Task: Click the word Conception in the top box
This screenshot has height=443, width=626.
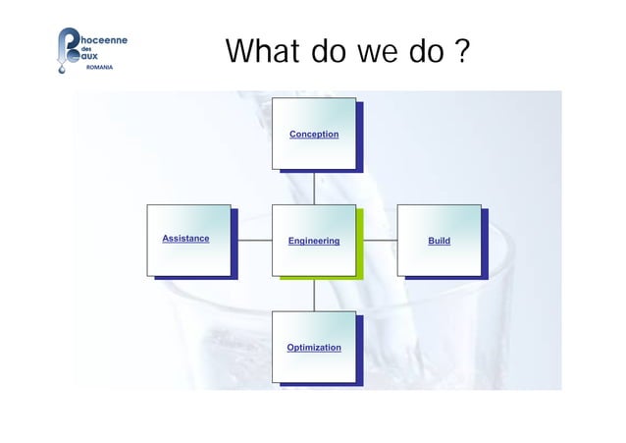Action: click(x=314, y=134)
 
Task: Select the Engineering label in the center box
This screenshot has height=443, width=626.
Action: click(x=314, y=241)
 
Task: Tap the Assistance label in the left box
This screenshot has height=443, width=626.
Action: click(x=185, y=239)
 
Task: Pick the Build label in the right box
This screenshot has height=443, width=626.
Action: click(x=439, y=241)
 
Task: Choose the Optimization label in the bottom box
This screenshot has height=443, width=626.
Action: click(x=314, y=348)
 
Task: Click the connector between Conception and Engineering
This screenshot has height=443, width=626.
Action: click(x=314, y=189)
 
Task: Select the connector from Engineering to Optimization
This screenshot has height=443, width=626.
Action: click(x=314, y=296)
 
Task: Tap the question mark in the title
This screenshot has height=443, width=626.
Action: click(x=460, y=51)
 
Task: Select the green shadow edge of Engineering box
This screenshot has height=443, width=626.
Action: click(x=360, y=245)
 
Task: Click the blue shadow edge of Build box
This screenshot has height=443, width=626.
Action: click(x=485, y=245)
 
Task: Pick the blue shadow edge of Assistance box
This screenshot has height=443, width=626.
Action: click(x=235, y=245)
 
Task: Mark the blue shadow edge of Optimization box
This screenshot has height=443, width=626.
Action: click(x=360, y=352)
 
